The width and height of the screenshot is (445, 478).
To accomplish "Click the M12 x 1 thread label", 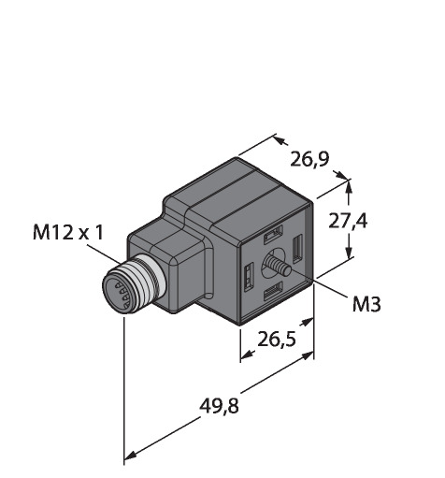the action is point(68,233).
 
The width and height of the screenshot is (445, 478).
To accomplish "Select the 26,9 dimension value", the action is point(309,159).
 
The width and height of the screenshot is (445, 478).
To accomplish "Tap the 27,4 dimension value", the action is point(348,221).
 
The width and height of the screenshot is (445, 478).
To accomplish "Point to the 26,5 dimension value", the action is point(277,339).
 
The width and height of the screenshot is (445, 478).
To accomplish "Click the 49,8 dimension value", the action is point(219,406).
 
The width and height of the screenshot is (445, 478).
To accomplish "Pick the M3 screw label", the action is point(366,305).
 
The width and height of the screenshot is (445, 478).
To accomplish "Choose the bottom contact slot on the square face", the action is point(273,291).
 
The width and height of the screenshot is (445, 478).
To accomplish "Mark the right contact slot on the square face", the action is point(297,248).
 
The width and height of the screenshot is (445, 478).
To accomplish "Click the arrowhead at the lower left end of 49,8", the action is point(130,456).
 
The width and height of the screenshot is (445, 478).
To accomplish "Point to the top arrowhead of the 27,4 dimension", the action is point(349,186).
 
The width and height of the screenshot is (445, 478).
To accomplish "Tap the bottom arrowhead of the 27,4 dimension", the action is point(349,251).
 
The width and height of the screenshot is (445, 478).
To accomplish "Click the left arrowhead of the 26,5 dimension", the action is point(248,354).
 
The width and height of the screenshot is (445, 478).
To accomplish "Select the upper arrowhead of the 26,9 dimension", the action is point(281,140).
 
